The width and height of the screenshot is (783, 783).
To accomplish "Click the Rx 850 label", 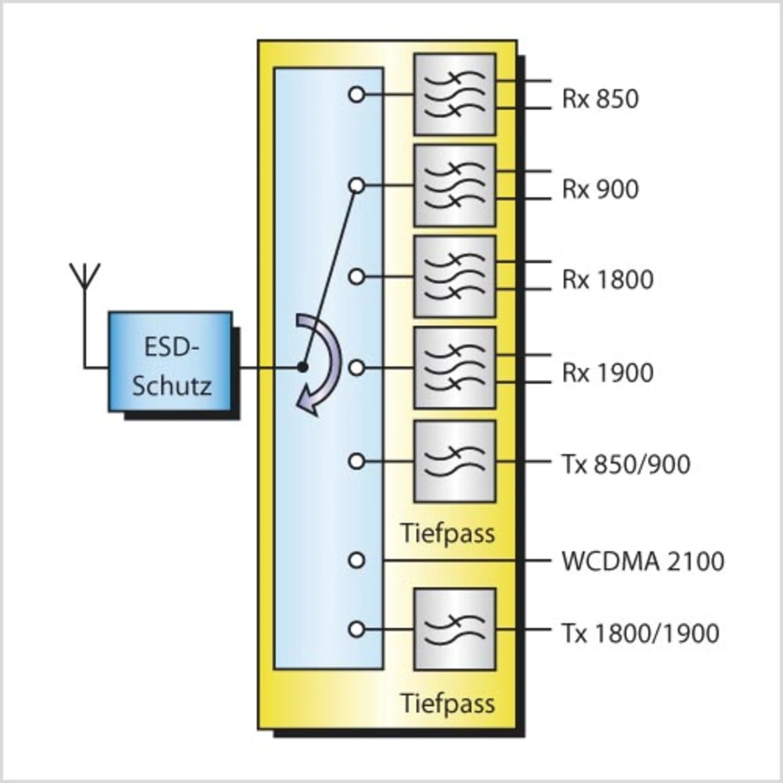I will [x=600, y=98].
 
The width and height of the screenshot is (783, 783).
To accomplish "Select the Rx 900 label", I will [x=600, y=189].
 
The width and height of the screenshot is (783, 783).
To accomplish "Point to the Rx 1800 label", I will [x=607, y=280].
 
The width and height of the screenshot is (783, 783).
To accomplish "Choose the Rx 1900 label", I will [x=607, y=372].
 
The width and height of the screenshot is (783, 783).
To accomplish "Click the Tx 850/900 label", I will [x=625, y=464].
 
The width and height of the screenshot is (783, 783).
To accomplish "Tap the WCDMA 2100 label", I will [x=642, y=561].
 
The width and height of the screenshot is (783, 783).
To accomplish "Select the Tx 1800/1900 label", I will [x=640, y=633].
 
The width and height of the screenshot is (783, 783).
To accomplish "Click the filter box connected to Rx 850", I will [x=455, y=94].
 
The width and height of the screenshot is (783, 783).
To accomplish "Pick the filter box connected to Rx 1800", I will [x=455, y=276].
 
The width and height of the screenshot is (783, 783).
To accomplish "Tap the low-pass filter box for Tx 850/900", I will [x=455, y=461].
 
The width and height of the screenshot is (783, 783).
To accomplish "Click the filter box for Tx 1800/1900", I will [x=455, y=629].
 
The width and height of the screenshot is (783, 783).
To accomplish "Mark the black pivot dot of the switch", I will [x=302, y=368].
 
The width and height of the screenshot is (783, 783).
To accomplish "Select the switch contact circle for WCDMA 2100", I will [x=357, y=560].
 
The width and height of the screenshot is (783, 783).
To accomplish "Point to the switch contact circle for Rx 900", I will [x=357, y=185].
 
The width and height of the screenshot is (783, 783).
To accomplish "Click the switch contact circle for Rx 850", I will [x=357, y=95].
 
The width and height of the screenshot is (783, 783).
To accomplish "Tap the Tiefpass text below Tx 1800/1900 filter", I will [x=448, y=703].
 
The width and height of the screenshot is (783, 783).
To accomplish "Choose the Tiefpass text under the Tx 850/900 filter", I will [x=448, y=533].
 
